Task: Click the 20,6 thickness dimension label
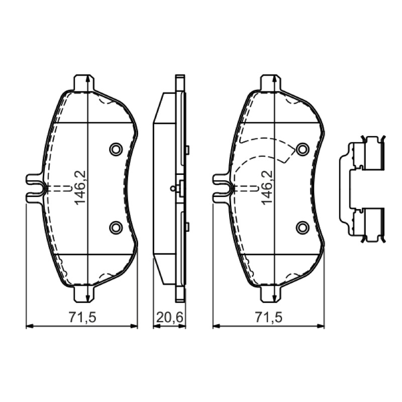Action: tap(169, 318)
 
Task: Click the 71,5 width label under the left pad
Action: tap(82, 318)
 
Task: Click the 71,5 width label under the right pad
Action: tap(268, 318)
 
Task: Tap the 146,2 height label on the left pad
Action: tap(80, 187)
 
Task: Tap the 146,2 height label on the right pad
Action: tap(267, 187)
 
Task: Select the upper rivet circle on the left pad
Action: tap(116, 149)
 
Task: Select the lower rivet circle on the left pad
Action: tap(116, 227)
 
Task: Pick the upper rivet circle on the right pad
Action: tap(303, 149)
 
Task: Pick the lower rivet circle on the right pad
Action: tap(303, 227)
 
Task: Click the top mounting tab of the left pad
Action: tap(84, 82)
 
